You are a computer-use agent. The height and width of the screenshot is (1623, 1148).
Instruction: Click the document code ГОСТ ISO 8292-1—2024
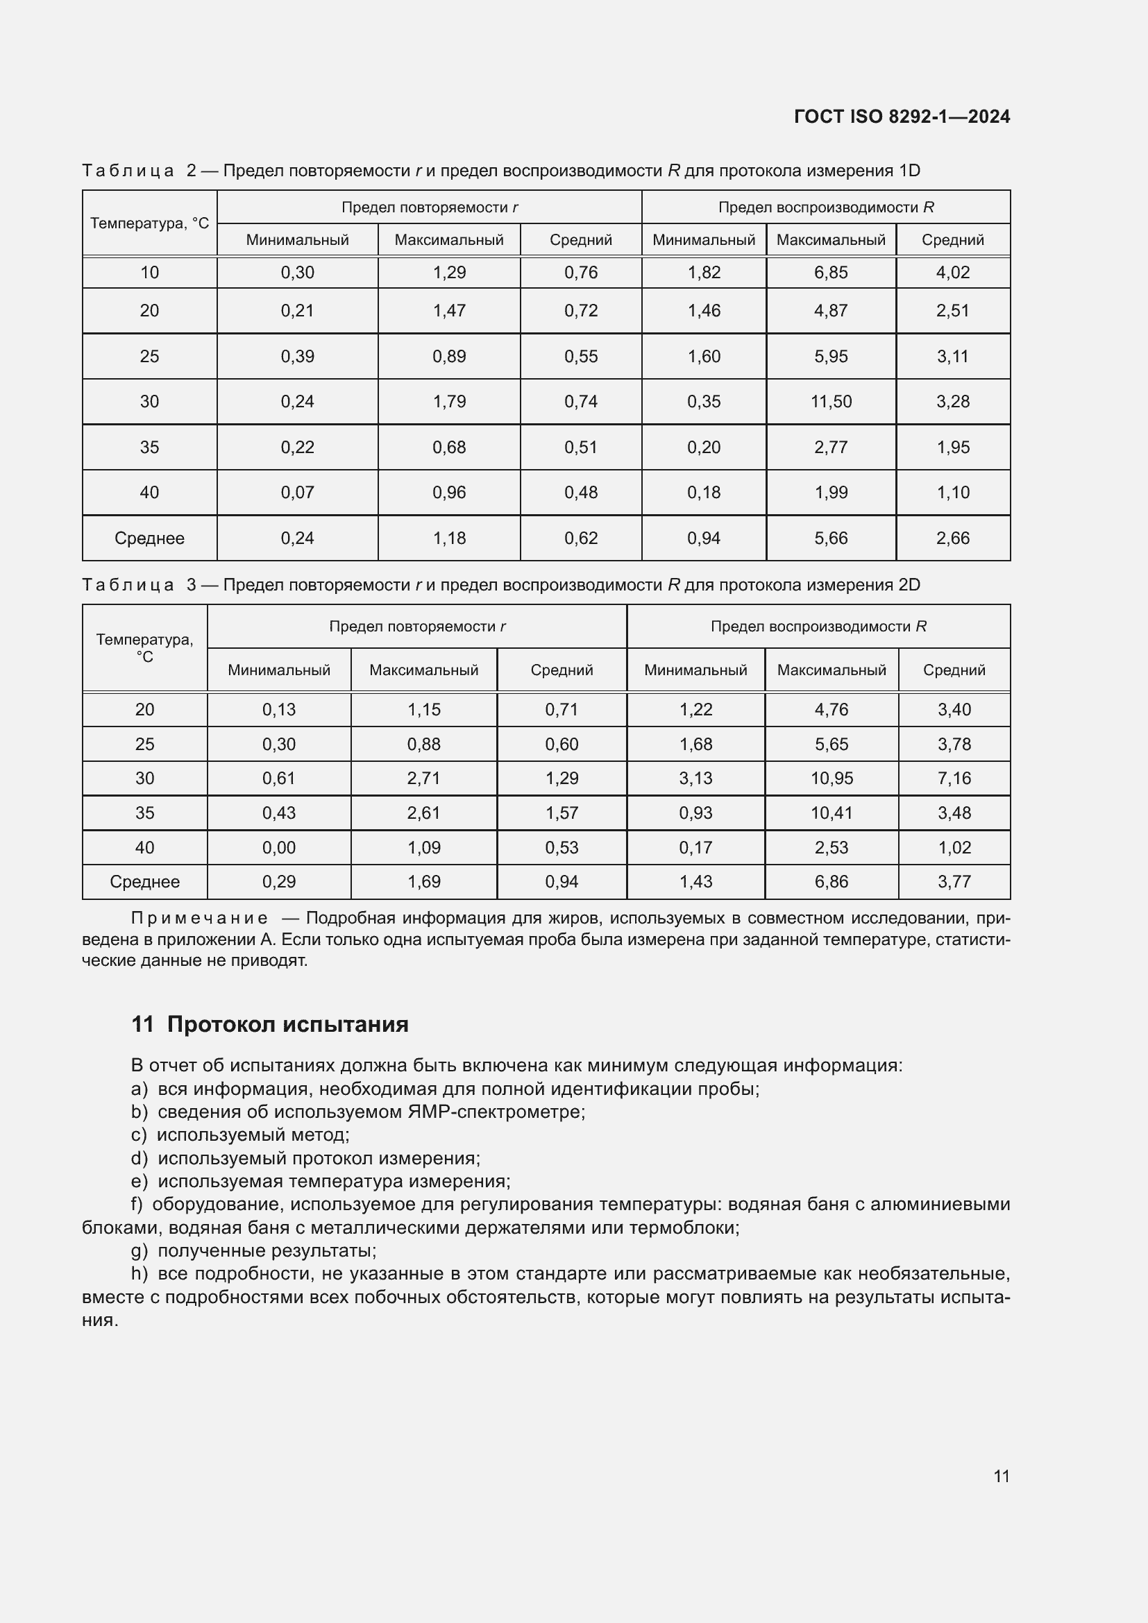coord(902,117)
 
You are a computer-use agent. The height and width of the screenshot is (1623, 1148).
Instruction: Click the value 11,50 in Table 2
coord(831,402)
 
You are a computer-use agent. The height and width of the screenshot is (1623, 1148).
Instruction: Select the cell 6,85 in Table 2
coord(831,272)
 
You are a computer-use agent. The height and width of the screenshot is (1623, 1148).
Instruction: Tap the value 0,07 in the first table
coord(297,492)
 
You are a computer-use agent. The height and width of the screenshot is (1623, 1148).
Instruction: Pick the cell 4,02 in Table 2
coord(952,272)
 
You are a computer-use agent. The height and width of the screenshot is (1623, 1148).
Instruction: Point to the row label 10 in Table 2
coord(149,272)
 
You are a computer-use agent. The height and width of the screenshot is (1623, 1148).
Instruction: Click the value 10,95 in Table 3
coord(832,779)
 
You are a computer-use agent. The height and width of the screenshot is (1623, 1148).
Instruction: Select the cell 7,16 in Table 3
coord(954,779)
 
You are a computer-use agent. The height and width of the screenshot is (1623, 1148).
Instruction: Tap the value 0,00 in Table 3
coord(278,847)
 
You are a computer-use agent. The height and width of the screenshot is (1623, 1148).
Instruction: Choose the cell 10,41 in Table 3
coord(832,813)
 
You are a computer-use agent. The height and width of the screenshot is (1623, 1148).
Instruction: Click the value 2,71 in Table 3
coord(423,779)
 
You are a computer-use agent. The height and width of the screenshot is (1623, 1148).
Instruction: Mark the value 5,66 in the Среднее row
coord(831,538)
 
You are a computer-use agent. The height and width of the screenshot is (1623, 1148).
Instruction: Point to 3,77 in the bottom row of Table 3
coord(954,881)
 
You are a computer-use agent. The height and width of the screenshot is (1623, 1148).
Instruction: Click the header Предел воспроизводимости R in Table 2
coord(826,207)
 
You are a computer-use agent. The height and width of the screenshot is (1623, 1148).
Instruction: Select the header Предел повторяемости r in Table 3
coord(417,627)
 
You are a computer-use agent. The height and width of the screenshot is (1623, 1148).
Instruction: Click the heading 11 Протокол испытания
coord(269,1024)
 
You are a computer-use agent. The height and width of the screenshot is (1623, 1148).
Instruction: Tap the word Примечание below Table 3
coord(199,918)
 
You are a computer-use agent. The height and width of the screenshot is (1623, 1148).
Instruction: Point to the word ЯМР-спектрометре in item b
coord(496,1112)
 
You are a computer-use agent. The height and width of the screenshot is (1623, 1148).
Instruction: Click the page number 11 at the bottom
coord(1001,1476)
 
